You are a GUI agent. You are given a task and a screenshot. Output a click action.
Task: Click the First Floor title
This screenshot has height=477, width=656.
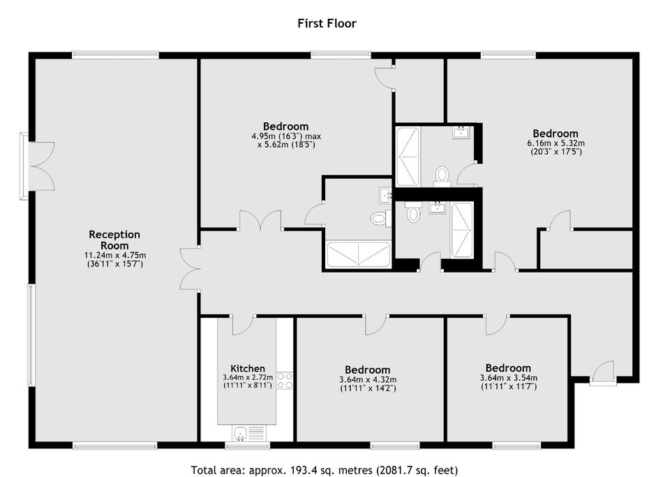[x=327, y=23]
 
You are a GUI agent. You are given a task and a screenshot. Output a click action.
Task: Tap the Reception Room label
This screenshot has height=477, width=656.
[x=114, y=240]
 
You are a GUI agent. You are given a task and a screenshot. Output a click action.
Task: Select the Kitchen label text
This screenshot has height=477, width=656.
[x=248, y=369]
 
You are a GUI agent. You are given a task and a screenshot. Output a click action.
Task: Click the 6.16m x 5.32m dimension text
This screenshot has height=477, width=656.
[x=556, y=143]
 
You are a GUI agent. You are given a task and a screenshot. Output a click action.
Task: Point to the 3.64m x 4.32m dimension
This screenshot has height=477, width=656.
[x=368, y=379]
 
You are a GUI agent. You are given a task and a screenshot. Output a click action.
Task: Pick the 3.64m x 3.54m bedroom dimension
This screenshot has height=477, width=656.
[x=508, y=378]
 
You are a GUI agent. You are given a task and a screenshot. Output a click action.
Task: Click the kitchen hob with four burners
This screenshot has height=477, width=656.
[x=285, y=381]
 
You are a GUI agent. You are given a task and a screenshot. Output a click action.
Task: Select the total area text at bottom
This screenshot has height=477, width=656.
[x=325, y=470]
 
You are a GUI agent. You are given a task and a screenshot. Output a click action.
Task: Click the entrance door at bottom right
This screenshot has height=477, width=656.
[x=603, y=373]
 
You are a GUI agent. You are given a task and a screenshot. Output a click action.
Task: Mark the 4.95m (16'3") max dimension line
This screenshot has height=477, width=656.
[x=286, y=136]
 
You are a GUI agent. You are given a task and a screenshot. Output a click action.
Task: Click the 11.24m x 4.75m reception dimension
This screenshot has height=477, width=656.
[x=115, y=255]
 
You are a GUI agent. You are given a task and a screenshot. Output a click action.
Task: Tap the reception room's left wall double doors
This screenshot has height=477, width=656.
[x=42, y=166]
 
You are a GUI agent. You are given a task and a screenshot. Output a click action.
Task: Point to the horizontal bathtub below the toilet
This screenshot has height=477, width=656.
[x=358, y=254]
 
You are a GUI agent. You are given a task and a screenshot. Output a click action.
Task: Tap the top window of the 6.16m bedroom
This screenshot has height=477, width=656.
[x=508, y=54]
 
